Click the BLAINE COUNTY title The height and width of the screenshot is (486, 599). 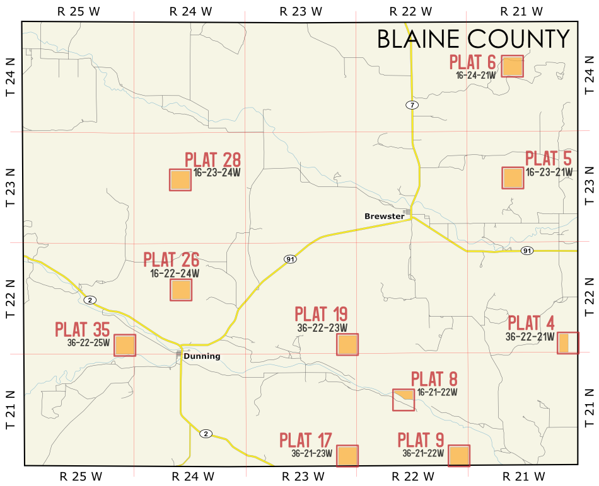pos(473,39)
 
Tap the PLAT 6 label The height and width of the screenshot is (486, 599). pos(472,62)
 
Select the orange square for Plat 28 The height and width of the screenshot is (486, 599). pos(180,180)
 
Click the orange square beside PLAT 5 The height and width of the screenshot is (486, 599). pos(513,178)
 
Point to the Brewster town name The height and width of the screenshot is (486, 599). pos(384,216)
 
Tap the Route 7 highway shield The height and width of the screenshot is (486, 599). pos(411,105)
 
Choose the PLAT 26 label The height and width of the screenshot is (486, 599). pos(171,260)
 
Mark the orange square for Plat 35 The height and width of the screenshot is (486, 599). pos(125,346)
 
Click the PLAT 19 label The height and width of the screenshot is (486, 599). pos(321,314)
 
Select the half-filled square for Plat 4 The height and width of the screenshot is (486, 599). pos(567,343)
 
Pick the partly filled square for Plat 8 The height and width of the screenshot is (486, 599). pos(404,400)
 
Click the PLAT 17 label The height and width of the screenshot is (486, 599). pos(306,439)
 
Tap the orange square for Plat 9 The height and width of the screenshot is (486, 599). pos(459,456)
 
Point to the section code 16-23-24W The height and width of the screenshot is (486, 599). pos(218,172)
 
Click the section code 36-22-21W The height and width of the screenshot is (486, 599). pos(529,337)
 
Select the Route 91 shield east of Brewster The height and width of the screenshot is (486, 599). pos(527,251)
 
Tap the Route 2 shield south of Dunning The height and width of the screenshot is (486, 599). pos(205,434)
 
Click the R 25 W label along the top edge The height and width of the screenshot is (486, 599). pos(78,11)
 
